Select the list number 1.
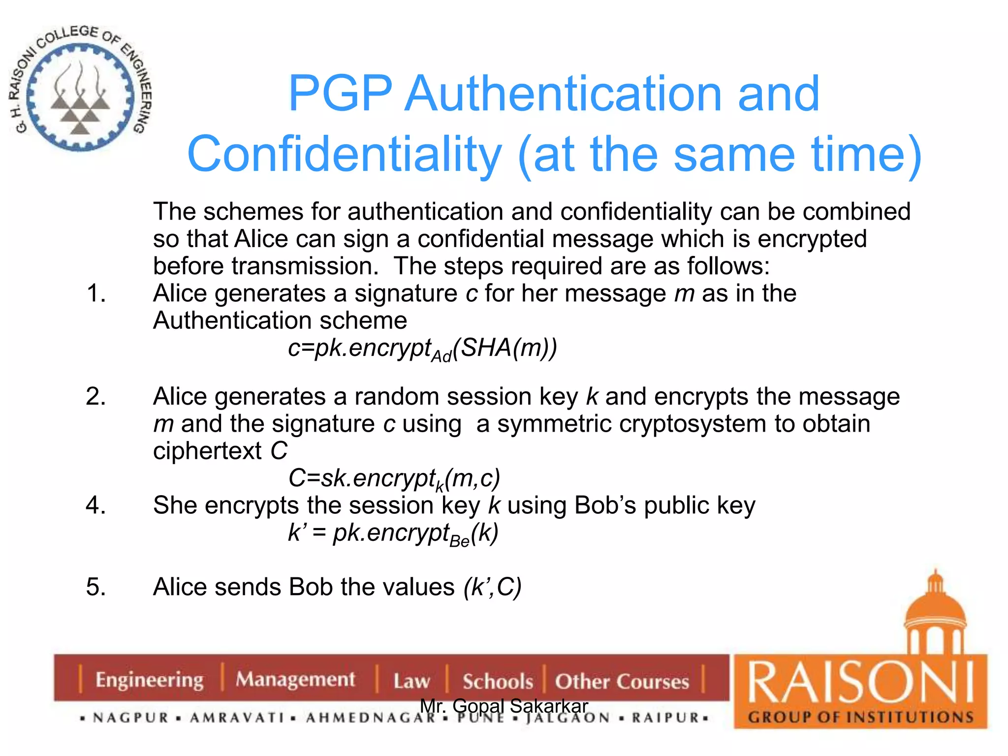pyautogui.click(x=96, y=293)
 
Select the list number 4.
pyautogui.click(x=96, y=505)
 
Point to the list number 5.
pyautogui.click(x=96, y=587)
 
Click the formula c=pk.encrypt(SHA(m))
pyautogui.click(x=422, y=348)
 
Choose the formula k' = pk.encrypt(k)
pyautogui.click(x=393, y=533)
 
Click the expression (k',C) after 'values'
pyautogui.click(x=492, y=587)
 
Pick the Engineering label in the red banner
pyautogui.click(x=149, y=680)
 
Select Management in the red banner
pyautogui.click(x=295, y=680)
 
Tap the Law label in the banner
pyautogui.click(x=411, y=681)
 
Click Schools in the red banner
pyautogui.click(x=498, y=682)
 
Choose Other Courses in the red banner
pyautogui.click(x=622, y=682)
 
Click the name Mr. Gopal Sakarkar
pyautogui.click(x=504, y=706)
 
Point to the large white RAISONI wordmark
pyautogui.click(x=860, y=683)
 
